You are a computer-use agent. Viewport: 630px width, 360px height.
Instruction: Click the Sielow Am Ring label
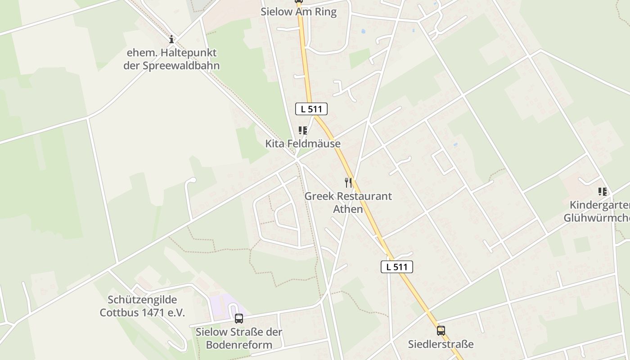pyautogui.click(x=298, y=12)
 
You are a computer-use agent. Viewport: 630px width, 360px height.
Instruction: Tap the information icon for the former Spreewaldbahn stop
pyautogui.click(x=171, y=39)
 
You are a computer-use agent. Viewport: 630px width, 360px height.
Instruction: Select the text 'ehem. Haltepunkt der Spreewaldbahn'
pyautogui.click(x=171, y=59)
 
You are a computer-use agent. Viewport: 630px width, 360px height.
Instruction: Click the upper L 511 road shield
pyautogui.click(x=311, y=108)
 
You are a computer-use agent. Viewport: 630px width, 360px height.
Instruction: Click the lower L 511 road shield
pyautogui.click(x=396, y=266)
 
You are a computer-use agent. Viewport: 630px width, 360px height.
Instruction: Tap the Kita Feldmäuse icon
pyautogui.click(x=303, y=130)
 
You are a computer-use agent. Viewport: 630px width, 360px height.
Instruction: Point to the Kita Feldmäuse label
pyautogui.click(x=303, y=144)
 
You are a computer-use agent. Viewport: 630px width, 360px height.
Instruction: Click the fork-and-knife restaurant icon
pyautogui.click(x=348, y=182)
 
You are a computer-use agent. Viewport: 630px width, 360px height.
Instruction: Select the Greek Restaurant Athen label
pyautogui.click(x=348, y=202)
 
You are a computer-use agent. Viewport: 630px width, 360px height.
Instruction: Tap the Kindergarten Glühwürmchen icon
pyautogui.click(x=603, y=192)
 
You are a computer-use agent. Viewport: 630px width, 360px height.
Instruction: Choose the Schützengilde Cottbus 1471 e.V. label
pyautogui.click(x=142, y=306)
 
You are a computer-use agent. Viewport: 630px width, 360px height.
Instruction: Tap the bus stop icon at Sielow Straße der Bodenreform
pyautogui.click(x=239, y=319)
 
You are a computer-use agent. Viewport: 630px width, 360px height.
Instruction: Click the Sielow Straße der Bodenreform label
pyautogui.click(x=239, y=338)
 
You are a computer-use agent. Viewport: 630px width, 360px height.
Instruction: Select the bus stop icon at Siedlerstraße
pyautogui.click(x=441, y=331)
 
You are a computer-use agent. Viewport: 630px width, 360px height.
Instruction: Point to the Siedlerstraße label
pyautogui.click(x=441, y=344)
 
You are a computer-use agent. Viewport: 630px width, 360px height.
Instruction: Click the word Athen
pyautogui.click(x=348, y=209)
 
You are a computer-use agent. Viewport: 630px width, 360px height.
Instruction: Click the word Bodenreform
pyautogui.click(x=239, y=345)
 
